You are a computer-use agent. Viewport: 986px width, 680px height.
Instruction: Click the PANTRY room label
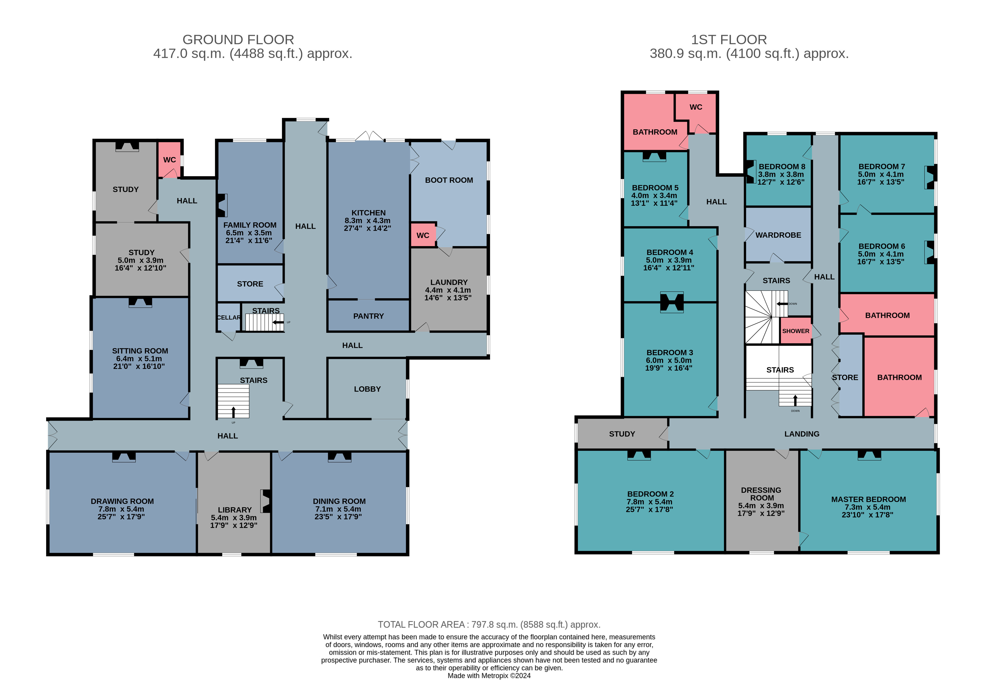[x=368, y=316]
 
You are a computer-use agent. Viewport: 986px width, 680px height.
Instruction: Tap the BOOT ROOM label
[x=449, y=180]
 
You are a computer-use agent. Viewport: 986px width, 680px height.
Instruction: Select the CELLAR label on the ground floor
[x=229, y=318]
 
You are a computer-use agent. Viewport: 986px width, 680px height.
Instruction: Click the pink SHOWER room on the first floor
[x=795, y=331]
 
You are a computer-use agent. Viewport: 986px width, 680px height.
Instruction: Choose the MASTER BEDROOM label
[x=868, y=499]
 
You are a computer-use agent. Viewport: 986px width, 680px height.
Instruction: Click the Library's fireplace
[x=266, y=501]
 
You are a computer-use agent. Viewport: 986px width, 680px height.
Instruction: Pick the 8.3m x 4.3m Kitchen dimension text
[x=367, y=221]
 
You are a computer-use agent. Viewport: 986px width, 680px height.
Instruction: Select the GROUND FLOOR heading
[x=238, y=40]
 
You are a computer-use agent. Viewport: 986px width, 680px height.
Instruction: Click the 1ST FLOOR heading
[x=729, y=40]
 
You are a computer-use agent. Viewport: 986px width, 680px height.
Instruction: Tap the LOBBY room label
[x=367, y=389]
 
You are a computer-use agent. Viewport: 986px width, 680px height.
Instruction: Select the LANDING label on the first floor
[x=802, y=434]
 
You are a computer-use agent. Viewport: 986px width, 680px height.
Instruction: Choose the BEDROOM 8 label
[x=782, y=167]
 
